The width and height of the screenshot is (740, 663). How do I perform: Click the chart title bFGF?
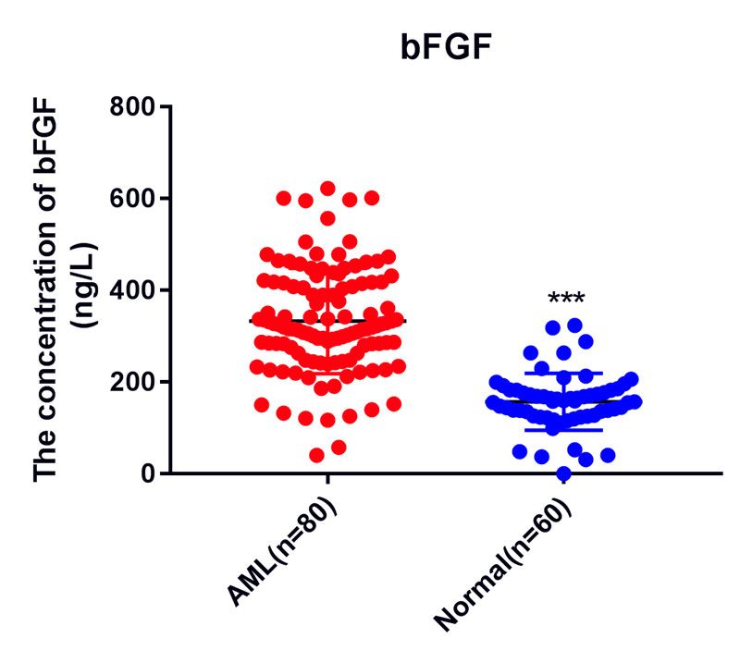coord(441,47)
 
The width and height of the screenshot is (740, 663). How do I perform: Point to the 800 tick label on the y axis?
coord(133,107)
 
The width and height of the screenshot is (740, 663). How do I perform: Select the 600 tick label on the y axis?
coord(133,199)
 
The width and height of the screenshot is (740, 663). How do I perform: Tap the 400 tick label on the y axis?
coord(133,290)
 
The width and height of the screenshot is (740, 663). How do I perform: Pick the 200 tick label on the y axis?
coord(133,382)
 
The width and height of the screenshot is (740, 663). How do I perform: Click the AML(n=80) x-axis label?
coord(277,555)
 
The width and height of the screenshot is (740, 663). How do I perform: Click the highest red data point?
coord(327,189)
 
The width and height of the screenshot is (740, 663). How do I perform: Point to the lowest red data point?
coord(316,455)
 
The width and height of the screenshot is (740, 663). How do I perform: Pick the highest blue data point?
coord(574,325)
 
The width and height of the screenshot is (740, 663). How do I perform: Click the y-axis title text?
coord(51,290)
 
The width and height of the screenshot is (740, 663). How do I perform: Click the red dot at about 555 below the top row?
coord(327,218)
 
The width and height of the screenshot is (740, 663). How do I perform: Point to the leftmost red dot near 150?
coord(262,404)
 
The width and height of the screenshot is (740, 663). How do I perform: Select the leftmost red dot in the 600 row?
coord(283,198)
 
